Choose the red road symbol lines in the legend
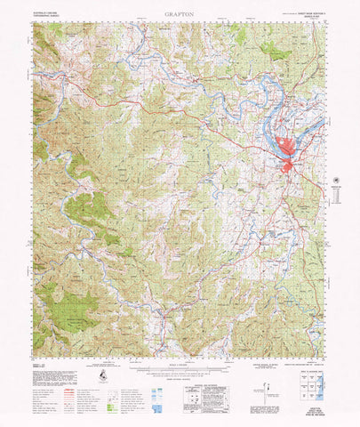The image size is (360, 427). (62, 391)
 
